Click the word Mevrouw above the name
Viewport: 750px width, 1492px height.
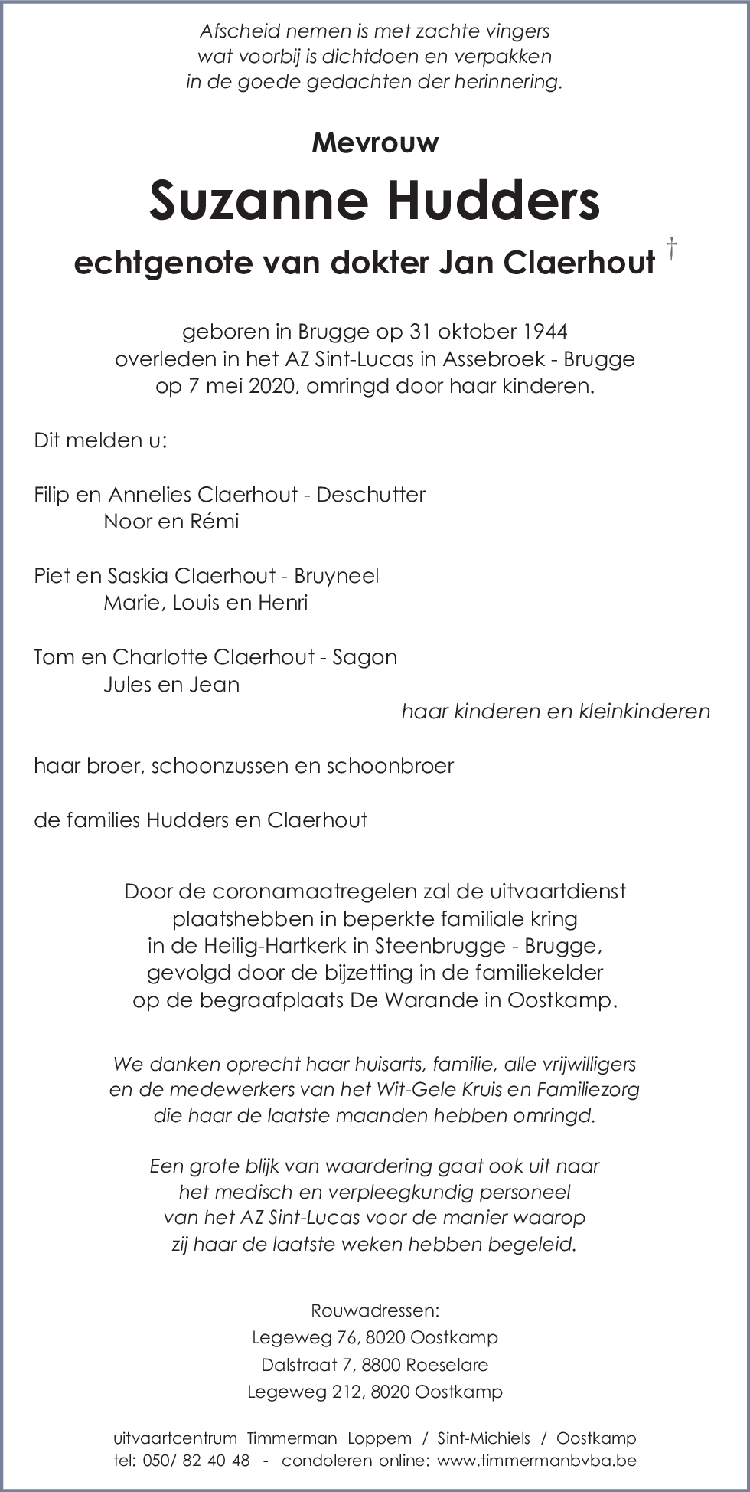pos(375,142)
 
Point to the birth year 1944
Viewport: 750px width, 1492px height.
pos(546,332)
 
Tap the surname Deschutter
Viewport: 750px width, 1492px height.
pos(370,495)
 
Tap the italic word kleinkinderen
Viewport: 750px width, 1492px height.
pos(644,712)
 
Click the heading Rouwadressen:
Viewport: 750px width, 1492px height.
pos(375,1310)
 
